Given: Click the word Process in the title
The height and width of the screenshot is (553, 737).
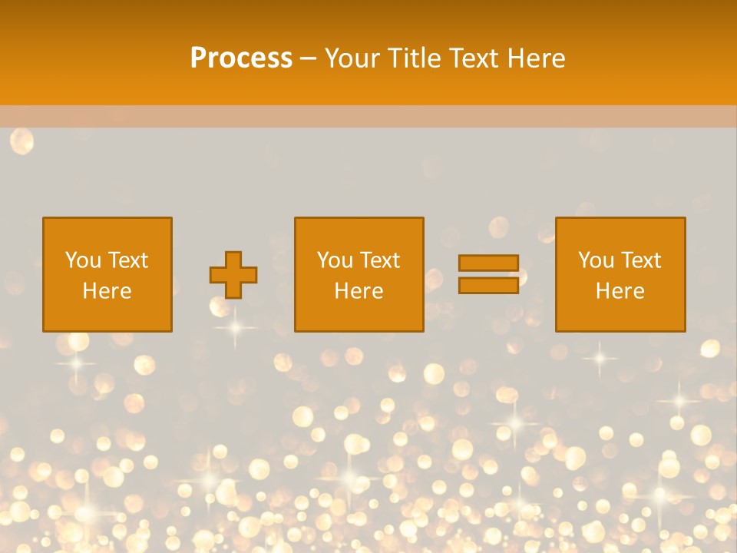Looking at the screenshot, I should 241,58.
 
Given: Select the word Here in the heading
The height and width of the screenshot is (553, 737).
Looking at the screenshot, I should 537,58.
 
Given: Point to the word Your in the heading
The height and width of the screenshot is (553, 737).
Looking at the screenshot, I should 354,58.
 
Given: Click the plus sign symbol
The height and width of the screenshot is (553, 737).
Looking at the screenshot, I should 233,275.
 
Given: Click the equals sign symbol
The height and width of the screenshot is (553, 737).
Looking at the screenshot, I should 488,274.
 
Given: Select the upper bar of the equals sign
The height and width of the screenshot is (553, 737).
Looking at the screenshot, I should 488,263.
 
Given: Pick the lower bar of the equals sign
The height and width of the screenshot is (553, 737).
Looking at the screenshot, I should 488,285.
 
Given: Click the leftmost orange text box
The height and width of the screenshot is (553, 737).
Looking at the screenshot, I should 107,274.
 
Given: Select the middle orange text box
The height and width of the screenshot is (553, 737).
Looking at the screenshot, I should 359,274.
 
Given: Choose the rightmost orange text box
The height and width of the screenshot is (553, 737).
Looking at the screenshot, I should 620,274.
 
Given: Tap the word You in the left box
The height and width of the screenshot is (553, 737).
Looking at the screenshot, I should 83,260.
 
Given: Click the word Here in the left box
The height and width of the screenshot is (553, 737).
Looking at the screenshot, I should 107,291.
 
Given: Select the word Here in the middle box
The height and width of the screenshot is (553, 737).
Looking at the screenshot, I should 359,291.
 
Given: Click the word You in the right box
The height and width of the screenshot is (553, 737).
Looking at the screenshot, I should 596,260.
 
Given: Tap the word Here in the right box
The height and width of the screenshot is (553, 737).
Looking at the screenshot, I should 620,291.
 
